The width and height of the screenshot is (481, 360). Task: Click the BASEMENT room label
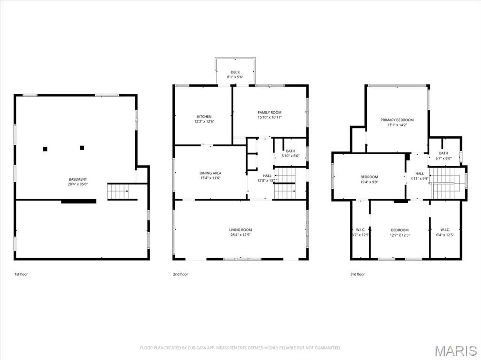78,179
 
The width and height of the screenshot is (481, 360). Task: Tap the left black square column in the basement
45,149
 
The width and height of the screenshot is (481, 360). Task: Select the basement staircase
118,191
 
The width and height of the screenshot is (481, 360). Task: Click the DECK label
235,72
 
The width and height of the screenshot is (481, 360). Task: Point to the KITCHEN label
204,116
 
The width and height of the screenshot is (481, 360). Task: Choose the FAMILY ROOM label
270,113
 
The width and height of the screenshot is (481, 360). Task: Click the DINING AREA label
210,173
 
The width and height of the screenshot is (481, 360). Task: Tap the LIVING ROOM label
240,230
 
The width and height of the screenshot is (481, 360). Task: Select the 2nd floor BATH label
290,151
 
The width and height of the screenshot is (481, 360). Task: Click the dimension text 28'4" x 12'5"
240,235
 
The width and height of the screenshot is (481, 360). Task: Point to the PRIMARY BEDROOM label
397,120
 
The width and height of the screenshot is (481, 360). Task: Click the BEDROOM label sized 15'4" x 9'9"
369,177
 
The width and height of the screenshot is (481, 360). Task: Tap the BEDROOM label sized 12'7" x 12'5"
400,230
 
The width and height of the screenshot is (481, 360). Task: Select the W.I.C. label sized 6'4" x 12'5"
445,230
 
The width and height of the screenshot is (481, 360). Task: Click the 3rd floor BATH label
443,153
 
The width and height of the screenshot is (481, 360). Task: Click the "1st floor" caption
21,274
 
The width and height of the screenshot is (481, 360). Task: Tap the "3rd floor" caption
357,274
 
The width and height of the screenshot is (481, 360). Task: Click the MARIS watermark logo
455,351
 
